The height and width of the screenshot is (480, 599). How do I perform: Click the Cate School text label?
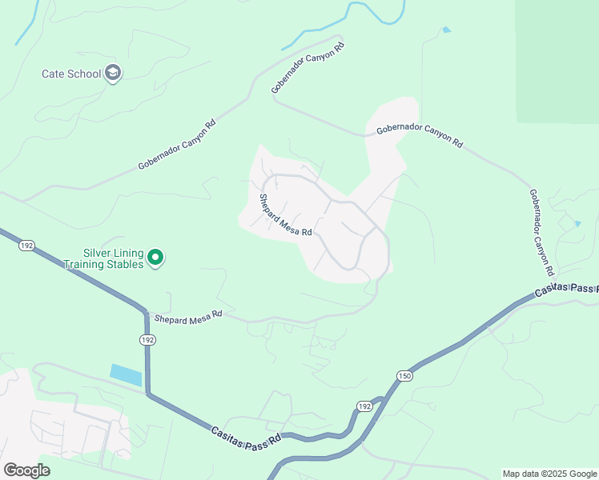[71, 74]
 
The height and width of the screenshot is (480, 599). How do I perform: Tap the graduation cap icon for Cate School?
[113, 74]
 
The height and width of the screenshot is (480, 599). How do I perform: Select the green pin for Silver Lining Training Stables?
[156, 258]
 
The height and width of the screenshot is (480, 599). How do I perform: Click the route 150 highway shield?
[405, 376]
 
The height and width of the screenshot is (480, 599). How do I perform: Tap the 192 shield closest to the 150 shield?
[365, 406]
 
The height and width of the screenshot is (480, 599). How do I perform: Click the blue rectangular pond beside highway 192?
[126, 374]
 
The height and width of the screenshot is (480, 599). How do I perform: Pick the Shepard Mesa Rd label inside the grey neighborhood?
[285, 216]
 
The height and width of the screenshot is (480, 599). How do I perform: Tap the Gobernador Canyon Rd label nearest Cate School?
[176, 145]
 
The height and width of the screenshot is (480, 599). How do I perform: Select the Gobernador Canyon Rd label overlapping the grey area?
[419, 137]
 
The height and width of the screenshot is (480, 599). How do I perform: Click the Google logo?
[26, 470]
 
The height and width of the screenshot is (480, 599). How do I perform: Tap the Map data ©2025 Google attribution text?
[549, 474]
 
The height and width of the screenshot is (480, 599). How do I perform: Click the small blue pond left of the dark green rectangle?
[446, 30]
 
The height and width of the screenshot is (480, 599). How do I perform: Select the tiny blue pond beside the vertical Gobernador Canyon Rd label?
[578, 224]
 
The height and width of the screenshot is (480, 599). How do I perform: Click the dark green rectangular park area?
[557, 60]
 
